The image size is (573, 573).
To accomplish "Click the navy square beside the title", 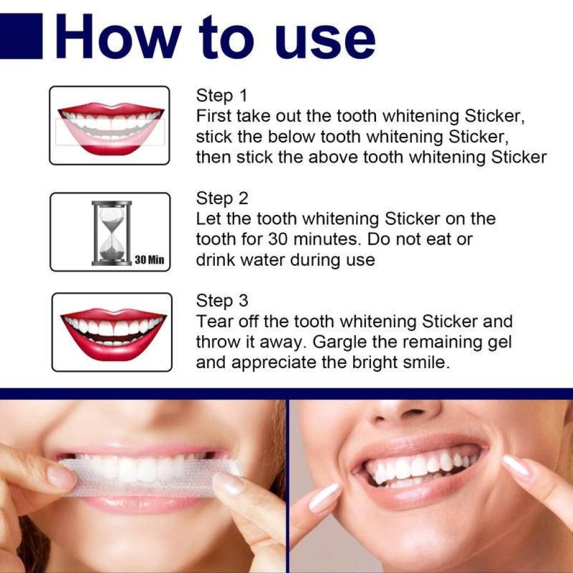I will pyautogui.click(x=21, y=36).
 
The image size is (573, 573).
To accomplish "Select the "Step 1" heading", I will pyautogui.click(x=221, y=96).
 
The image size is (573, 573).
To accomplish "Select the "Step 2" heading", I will pyautogui.click(x=222, y=199).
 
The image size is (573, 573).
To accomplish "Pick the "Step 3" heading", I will pyautogui.click(x=222, y=301).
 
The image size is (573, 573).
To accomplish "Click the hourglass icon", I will pyautogui.click(x=111, y=232).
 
